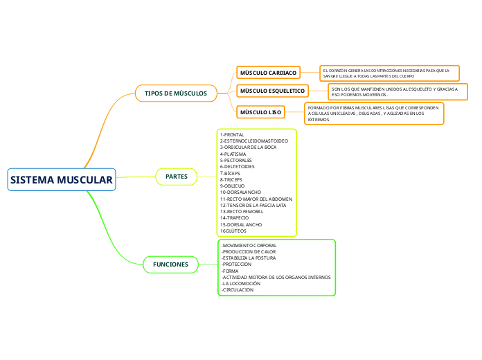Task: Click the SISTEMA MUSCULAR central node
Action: tap(61, 180)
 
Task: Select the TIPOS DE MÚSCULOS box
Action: tap(176, 93)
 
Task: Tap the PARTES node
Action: tap(177, 177)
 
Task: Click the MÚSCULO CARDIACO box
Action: tap(268, 73)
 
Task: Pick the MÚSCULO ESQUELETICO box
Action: tap(272, 91)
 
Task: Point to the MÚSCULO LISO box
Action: tap(260, 111)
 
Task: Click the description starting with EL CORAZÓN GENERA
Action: tap(390, 73)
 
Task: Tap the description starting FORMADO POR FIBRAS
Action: tap(374, 114)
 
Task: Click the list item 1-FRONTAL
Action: tap(232, 134)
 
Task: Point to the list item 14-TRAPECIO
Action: tap(235, 218)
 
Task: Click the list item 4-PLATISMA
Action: tap(234, 154)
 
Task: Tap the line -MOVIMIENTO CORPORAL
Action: tap(248, 245)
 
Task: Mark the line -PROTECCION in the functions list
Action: tap(236, 264)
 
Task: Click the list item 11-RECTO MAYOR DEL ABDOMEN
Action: tap(256, 199)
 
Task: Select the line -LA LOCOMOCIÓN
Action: tap(240, 284)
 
